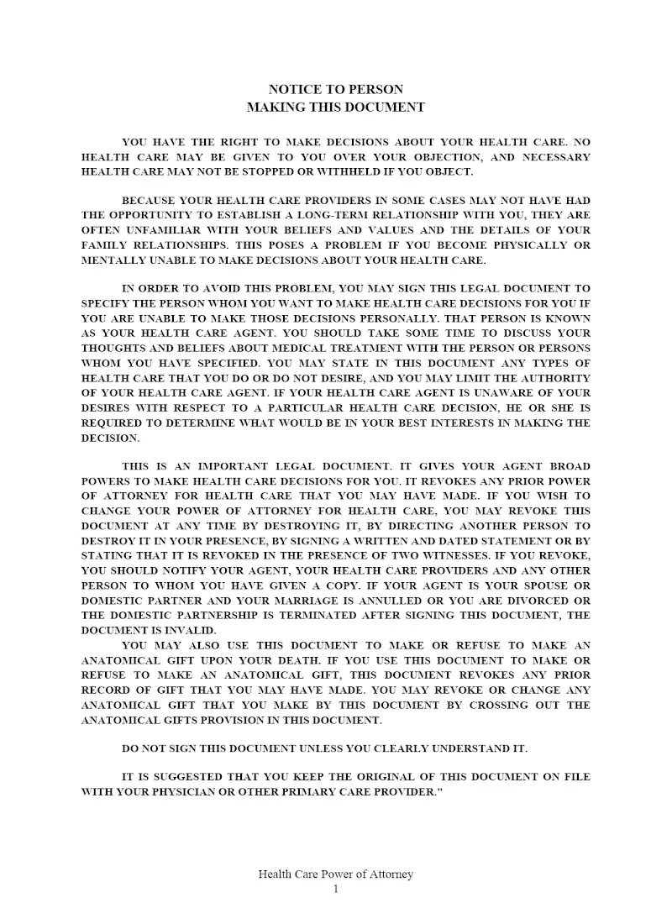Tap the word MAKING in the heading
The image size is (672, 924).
coord(276,107)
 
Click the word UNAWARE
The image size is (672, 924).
coord(512,392)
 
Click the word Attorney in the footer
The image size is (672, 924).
coord(389,874)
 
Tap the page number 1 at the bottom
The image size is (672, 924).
coord(336,889)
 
